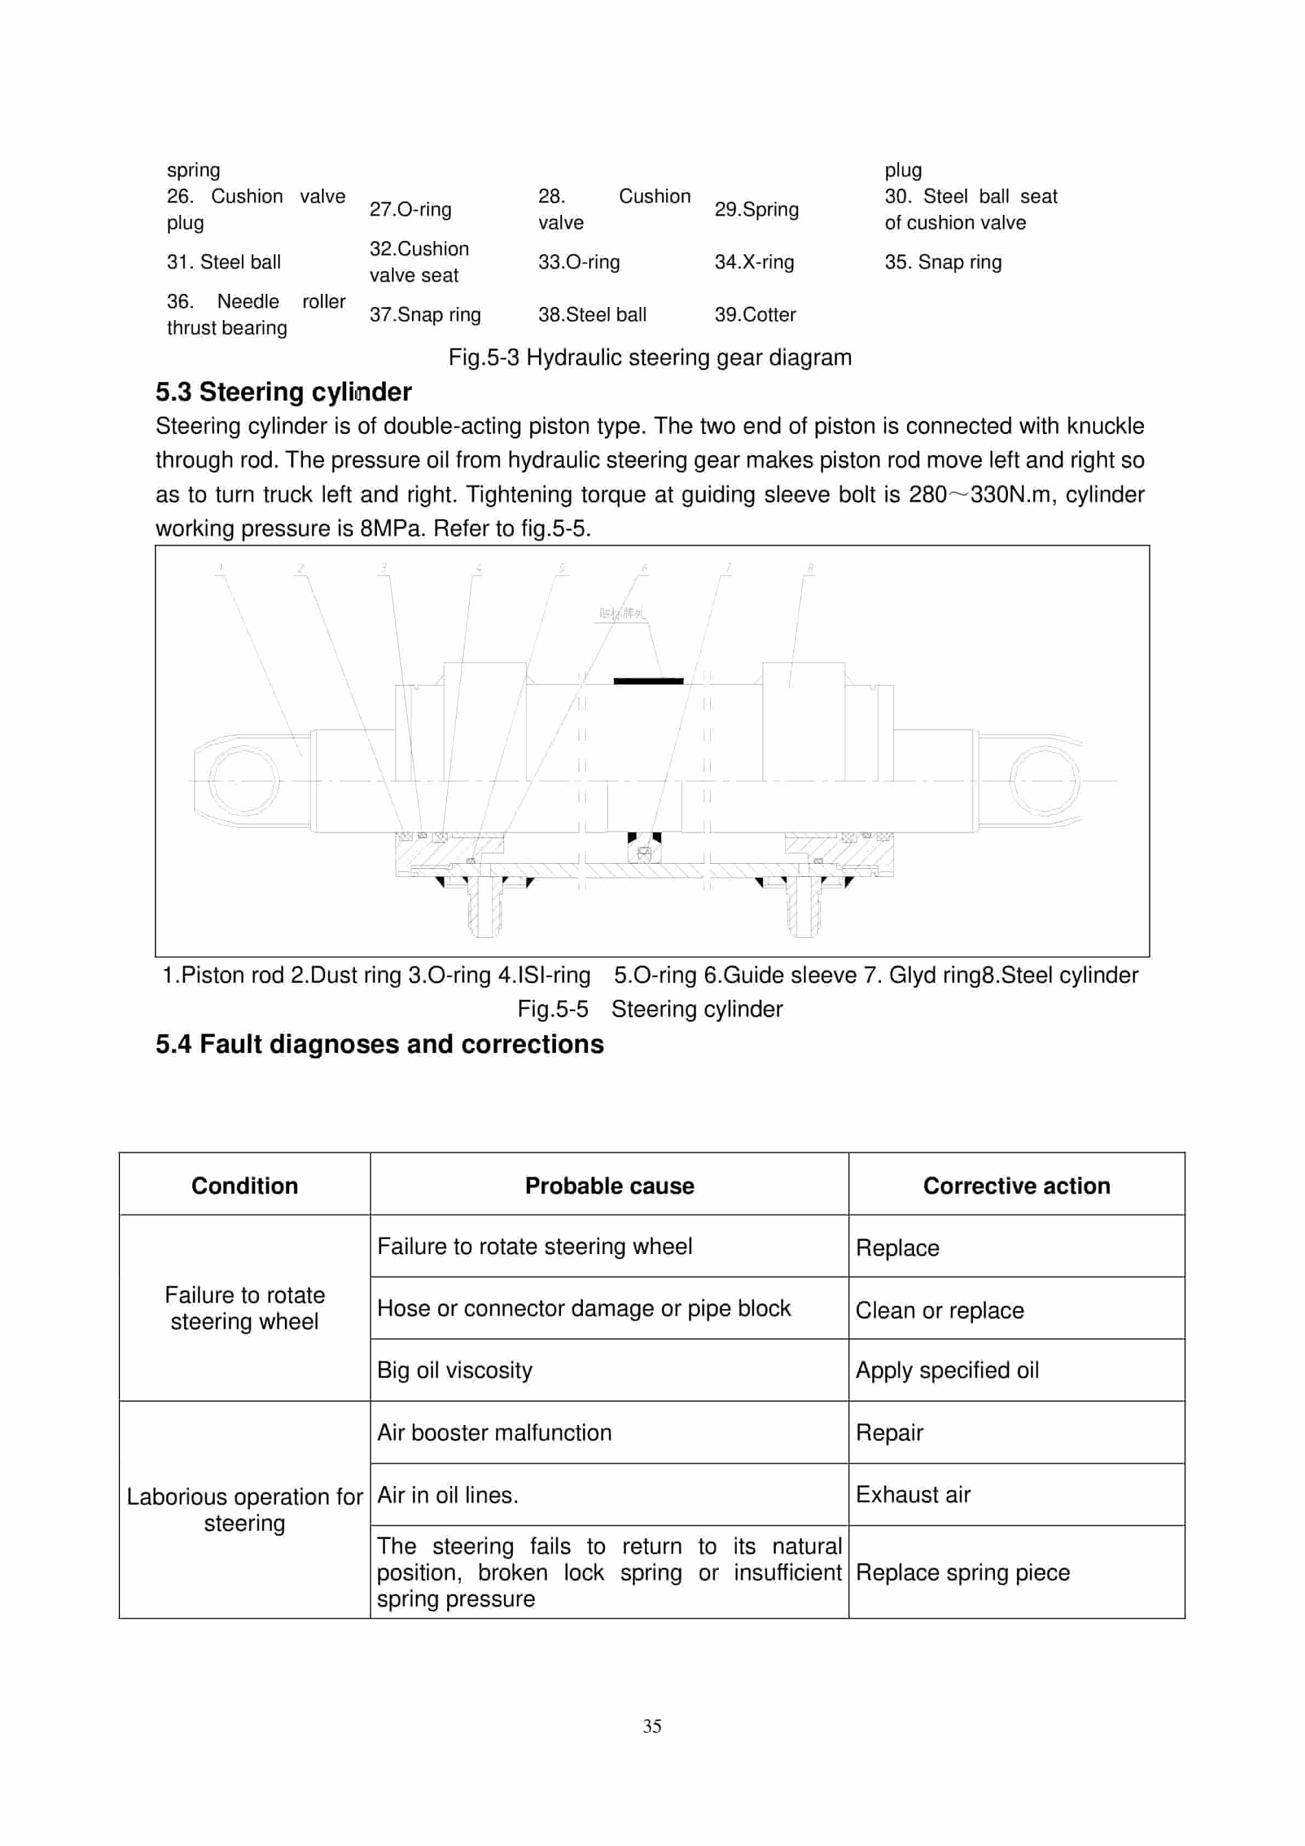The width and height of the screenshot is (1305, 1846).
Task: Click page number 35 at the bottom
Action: pos(652,1725)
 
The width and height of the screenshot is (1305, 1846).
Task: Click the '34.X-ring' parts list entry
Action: pos(754,262)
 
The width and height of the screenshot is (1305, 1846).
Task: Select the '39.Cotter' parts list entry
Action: pos(754,315)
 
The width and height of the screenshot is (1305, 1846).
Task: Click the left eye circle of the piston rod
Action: pos(243,780)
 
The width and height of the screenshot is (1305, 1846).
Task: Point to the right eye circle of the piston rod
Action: pos(1044,780)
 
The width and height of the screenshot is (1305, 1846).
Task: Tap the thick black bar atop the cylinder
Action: pos(648,681)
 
